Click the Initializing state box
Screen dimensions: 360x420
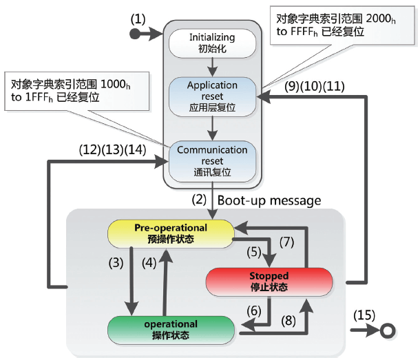212,43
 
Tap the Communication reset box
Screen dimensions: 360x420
212,160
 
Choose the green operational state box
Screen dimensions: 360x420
171,330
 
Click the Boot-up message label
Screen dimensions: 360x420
269,201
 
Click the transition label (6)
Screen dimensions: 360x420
254,311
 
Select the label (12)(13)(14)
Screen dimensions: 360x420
112,147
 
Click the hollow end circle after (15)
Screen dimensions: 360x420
388,330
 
